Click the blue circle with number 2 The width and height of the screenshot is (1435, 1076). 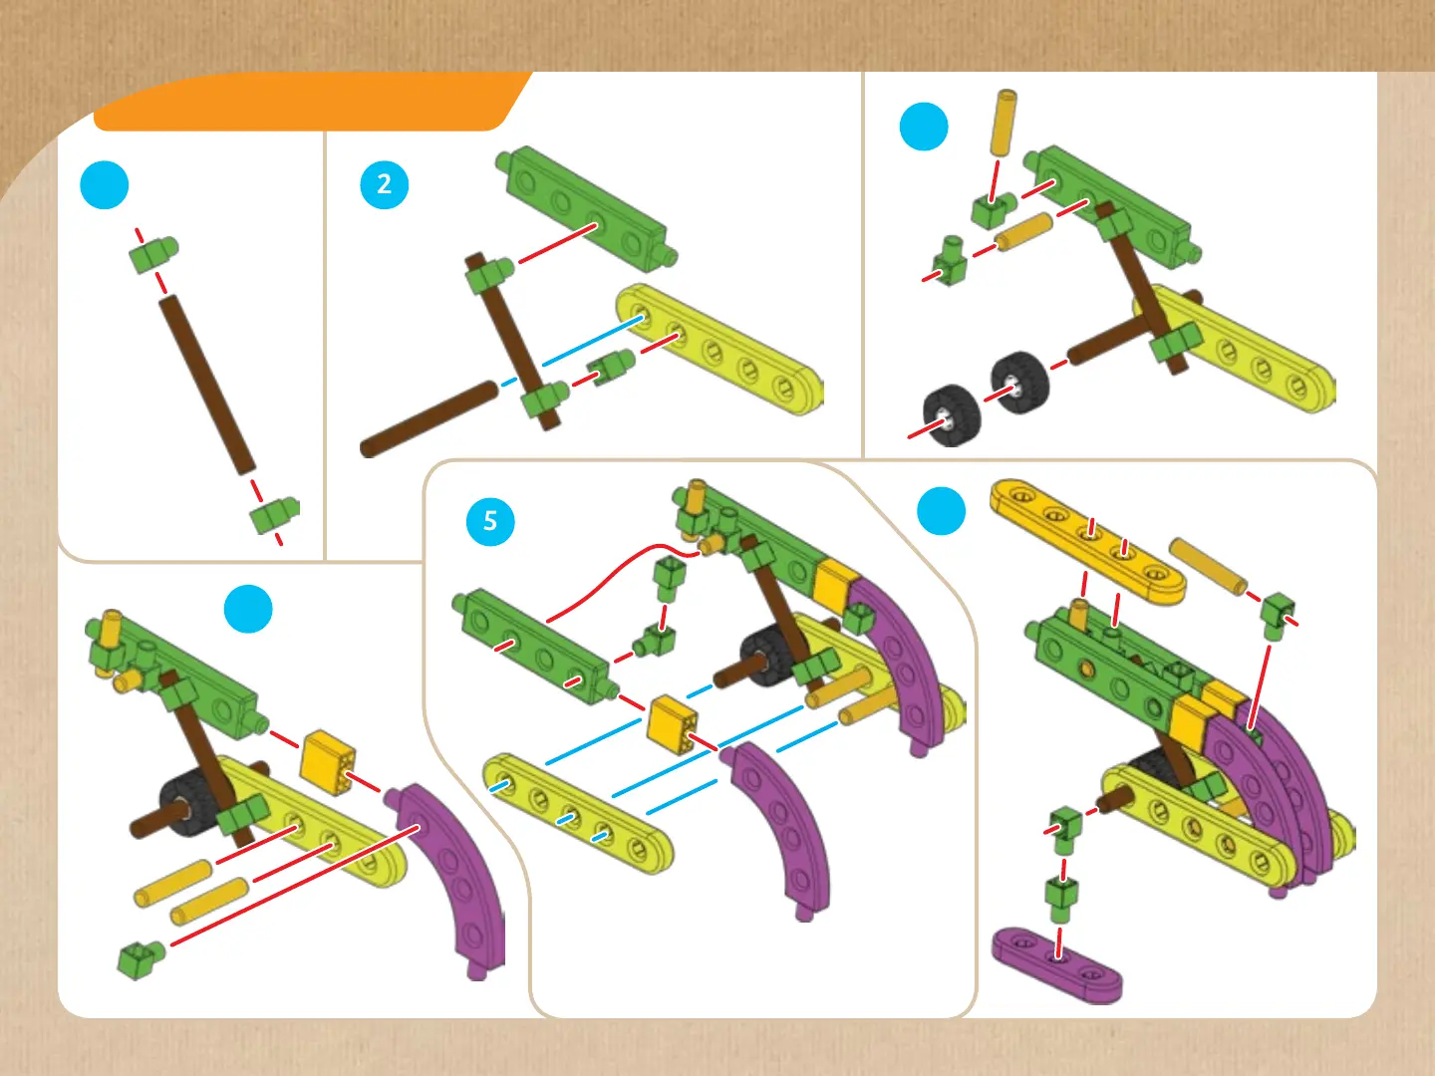tap(385, 185)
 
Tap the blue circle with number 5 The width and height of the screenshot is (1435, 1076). tap(490, 521)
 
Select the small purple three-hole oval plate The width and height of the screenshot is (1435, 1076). tap(1057, 964)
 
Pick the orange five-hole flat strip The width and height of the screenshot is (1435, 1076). tap(1088, 540)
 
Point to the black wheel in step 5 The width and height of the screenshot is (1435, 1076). tap(766, 657)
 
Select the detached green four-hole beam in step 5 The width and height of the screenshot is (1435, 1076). tap(536, 646)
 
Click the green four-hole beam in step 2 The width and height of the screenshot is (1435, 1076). tap(587, 208)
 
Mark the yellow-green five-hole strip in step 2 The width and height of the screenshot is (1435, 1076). tap(720, 349)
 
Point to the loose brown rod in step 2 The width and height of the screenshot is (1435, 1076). tap(429, 419)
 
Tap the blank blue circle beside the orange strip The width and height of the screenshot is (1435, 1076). tap(942, 511)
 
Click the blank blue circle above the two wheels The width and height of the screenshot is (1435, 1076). tap(924, 127)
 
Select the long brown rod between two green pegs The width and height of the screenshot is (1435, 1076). tap(206, 385)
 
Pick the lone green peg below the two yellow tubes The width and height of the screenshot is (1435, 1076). tap(140, 959)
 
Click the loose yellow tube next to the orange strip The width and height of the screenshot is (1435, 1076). tap(1208, 566)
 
